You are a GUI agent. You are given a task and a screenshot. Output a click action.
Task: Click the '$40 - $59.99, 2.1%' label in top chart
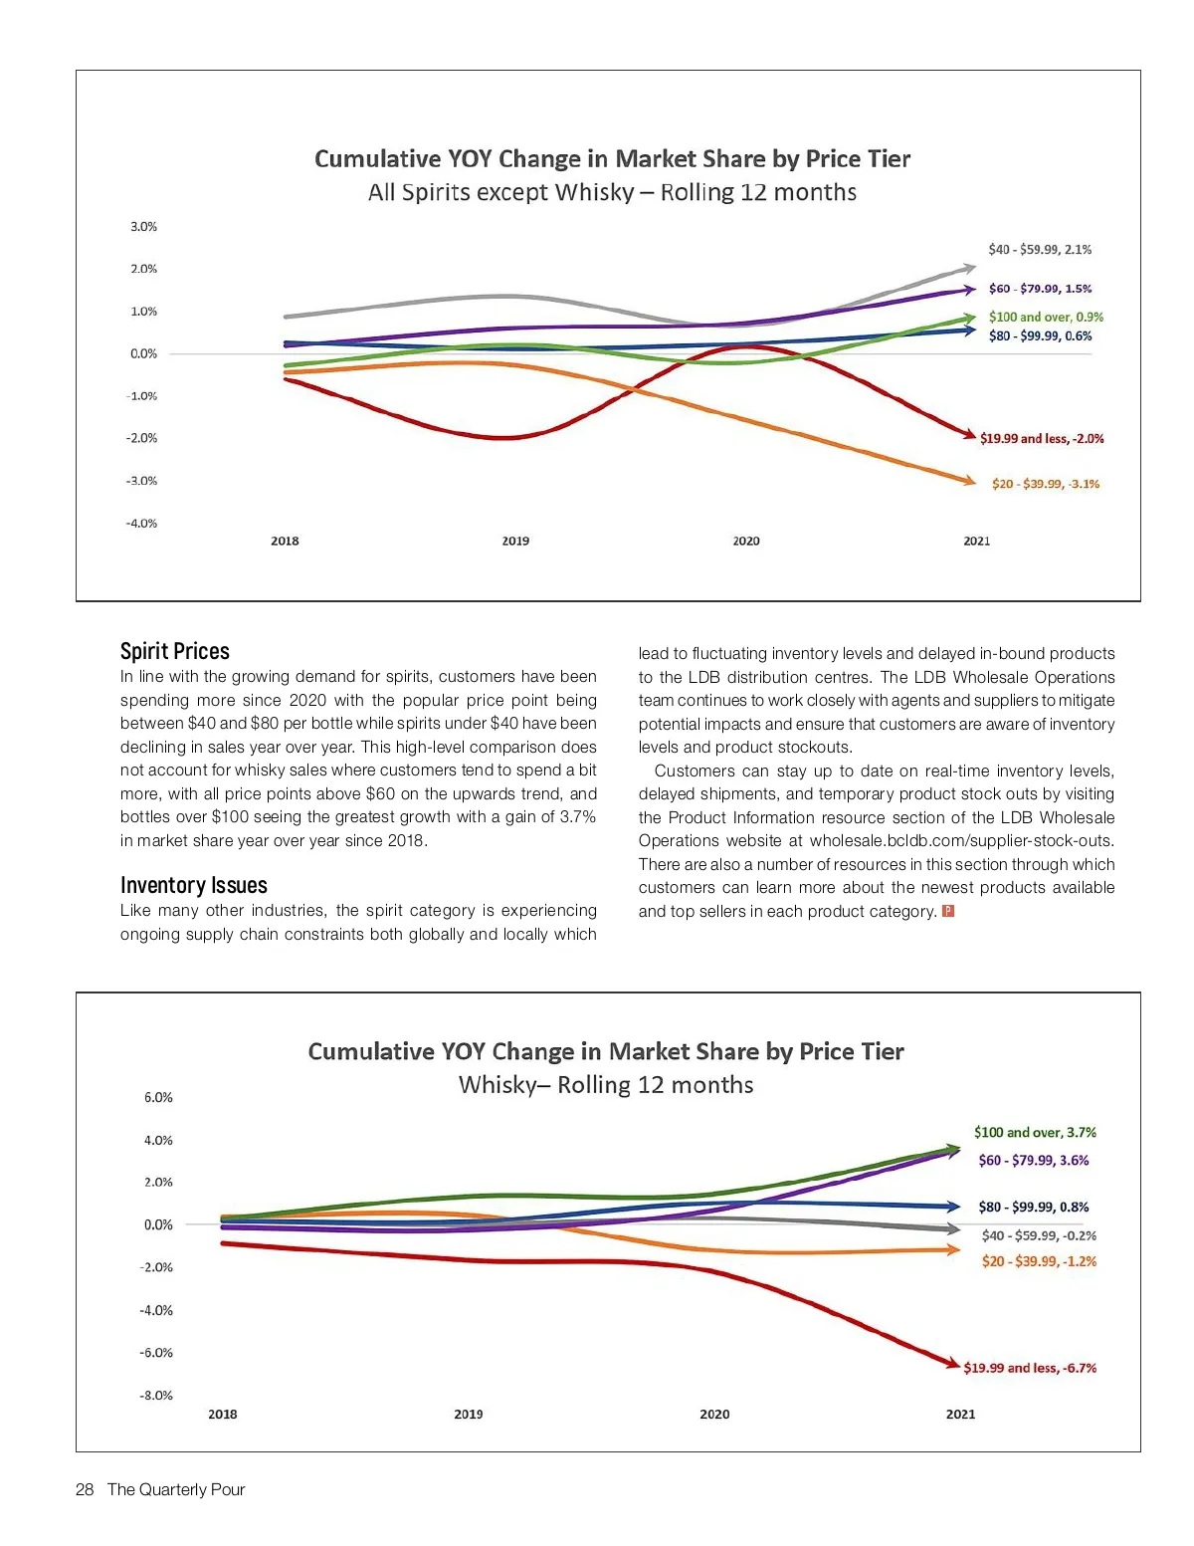[1040, 250]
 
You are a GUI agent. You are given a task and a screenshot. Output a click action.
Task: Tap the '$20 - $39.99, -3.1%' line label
[1046, 485]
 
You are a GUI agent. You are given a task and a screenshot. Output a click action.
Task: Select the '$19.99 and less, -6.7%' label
[1030, 1369]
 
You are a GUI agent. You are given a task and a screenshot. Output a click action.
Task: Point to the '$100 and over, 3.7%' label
[1035, 1133]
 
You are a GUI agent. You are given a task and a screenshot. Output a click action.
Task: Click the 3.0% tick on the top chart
[143, 227]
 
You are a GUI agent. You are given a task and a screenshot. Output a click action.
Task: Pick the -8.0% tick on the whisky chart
[156, 1396]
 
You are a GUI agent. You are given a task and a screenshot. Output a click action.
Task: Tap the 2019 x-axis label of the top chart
[515, 542]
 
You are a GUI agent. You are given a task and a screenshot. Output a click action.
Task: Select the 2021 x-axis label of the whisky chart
[960, 1415]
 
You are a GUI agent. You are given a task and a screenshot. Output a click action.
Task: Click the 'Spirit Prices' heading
[175, 652]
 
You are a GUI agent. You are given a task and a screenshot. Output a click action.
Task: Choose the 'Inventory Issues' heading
[194, 886]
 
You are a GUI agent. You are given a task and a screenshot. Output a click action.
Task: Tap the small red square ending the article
[948, 912]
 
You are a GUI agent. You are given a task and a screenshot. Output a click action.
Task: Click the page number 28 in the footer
[85, 1490]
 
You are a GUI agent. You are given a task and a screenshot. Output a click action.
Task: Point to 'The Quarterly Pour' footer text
[176, 1490]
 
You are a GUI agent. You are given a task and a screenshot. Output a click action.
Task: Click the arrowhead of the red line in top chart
[969, 433]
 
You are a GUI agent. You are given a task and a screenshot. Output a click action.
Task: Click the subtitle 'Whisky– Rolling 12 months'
[606, 1085]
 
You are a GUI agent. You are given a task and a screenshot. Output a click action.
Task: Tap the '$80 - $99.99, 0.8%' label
[1034, 1208]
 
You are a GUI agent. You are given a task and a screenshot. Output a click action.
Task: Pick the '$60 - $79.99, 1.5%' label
[1040, 289]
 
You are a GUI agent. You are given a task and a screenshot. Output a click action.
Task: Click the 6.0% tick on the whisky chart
[158, 1098]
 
